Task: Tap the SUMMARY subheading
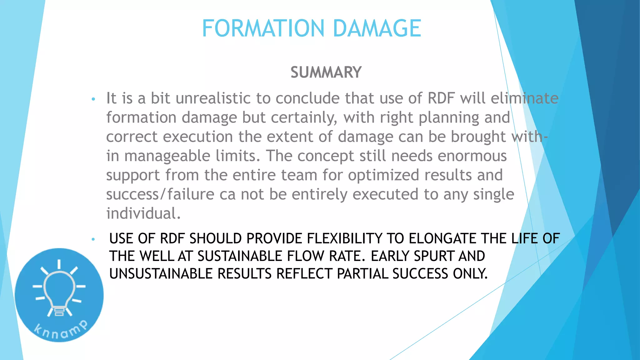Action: (x=326, y=72)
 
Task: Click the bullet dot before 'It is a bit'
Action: (x=93, y=100)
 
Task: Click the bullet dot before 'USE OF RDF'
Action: (x=93, y=240)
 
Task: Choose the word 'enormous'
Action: (x=472, y=156)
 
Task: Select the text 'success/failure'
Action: (x=160, y=194)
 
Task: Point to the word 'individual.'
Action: (x=143, y=214)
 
